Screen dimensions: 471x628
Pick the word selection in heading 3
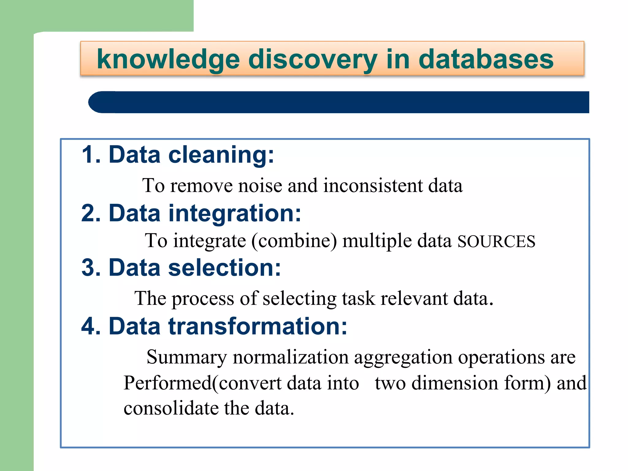(224, 268)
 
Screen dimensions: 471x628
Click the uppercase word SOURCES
(496, 242)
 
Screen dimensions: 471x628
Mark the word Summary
(186, 358)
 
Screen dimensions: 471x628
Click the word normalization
(290, 358)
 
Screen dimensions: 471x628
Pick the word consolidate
(171, 408)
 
